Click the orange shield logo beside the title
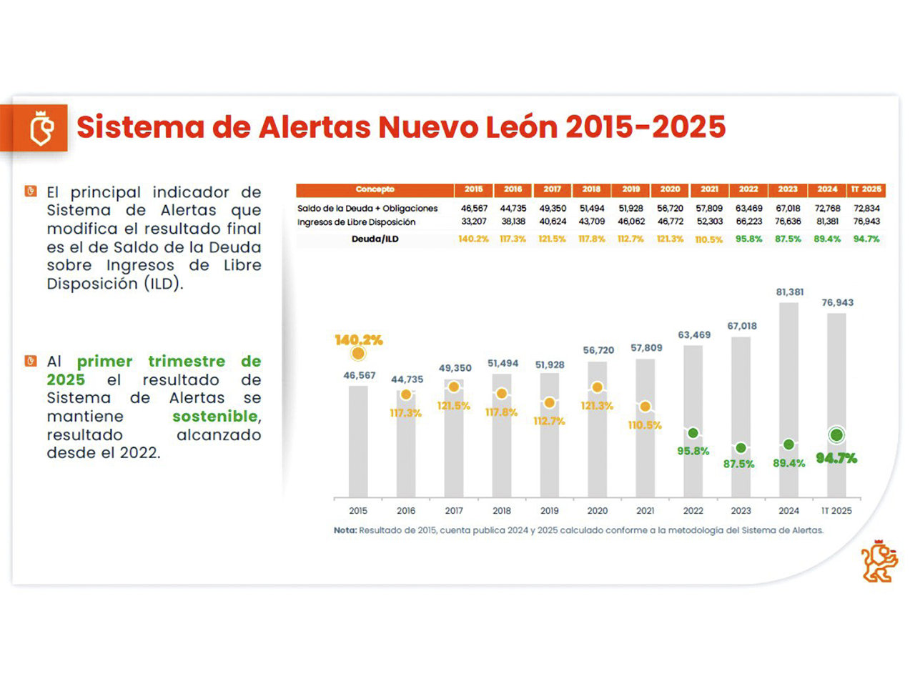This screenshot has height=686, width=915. click(x=41, y=128)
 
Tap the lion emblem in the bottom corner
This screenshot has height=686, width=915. click(x=879, y=561)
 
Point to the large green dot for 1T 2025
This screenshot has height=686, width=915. click(x=836, y=434)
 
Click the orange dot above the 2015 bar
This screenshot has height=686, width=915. click(x=358, y=353)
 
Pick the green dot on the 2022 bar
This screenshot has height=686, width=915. click(x=693, y=433)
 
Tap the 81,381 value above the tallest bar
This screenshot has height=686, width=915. click(x=789, y=292)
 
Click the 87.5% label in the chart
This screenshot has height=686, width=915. click(x=738, y=464)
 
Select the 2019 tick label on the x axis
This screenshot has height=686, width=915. click(x=549, y=511)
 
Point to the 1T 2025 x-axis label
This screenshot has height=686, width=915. click(x=836, y=511)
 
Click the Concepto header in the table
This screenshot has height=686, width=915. click(x=375, y=189)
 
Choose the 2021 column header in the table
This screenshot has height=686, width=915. click(x=709, y=189)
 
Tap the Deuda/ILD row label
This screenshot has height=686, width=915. click(x=375, y=239)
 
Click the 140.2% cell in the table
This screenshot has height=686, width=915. click(x=473, y=239)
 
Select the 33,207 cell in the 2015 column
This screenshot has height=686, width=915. click(x=473, y=222)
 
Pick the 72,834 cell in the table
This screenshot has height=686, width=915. click(x=866, y=209)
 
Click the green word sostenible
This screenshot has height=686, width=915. click(x=214, y=416)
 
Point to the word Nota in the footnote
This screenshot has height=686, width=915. click(x=345, y=530)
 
